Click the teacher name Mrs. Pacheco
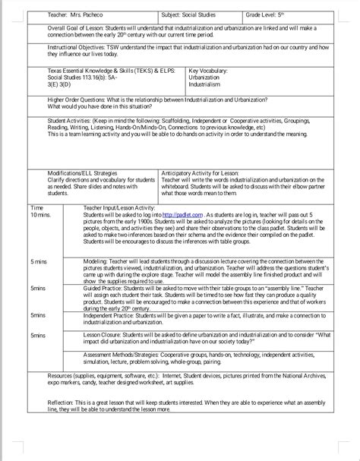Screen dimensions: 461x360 click(x=74, y=15)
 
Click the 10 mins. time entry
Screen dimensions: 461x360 click(x=40, y=216)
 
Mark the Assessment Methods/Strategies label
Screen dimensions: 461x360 click(x=129, y=354)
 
